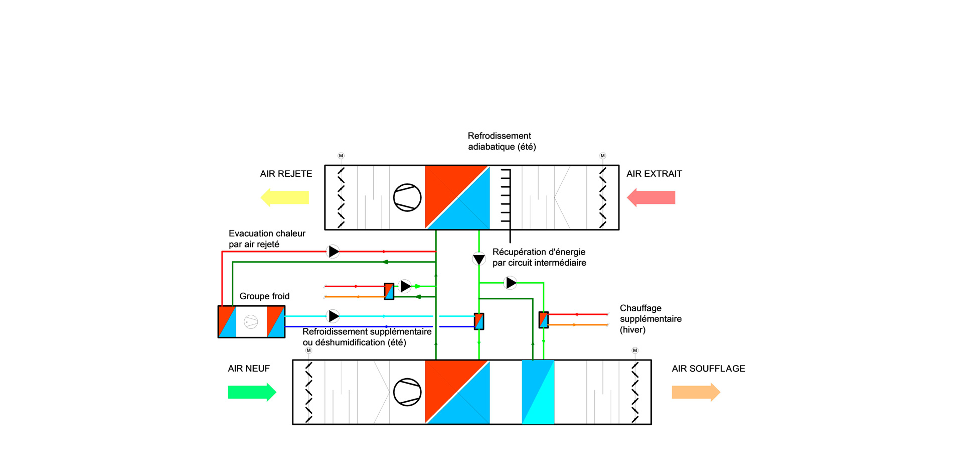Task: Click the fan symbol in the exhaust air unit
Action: (407, 197)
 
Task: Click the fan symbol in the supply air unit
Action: (407, 392)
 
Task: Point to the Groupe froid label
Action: (264, 296)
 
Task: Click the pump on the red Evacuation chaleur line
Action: (333, 251)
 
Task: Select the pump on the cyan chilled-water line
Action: (333, 316)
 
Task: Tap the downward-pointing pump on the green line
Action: (479, 259)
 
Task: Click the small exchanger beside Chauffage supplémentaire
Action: (544, 320)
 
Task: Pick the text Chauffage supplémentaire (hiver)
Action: (651, 319)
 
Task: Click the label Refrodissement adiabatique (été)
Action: (502, 141)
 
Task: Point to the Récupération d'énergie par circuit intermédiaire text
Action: (539, 257)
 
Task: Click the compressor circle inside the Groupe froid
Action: (251, 321)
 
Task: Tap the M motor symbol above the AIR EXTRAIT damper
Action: (603, 156)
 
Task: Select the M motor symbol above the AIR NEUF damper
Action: (308, 350)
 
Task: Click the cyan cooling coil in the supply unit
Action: (538, 392)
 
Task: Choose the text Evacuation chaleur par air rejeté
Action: (267, 239)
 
